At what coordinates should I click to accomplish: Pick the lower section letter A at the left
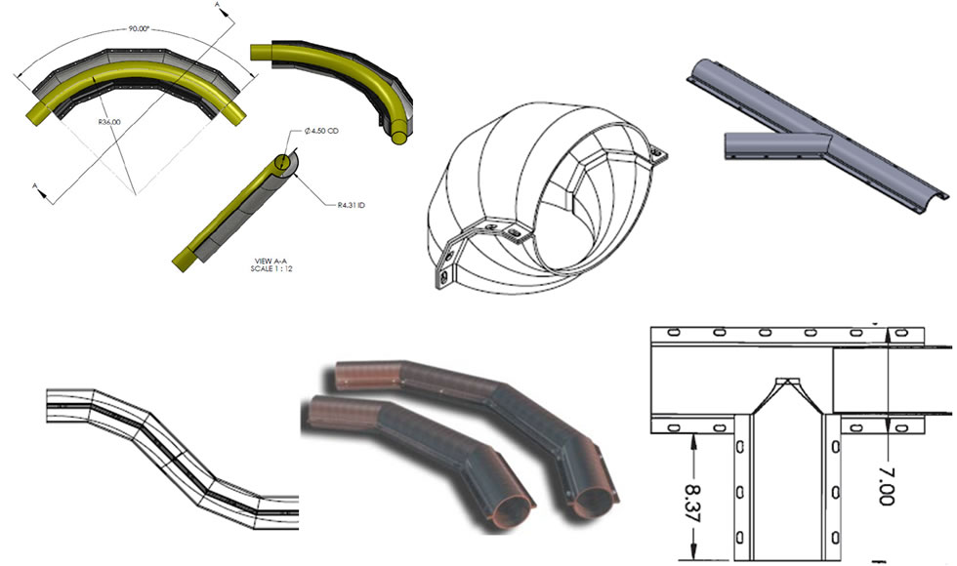coord(37,184)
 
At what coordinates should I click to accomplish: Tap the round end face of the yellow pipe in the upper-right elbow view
coord(398,136)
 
